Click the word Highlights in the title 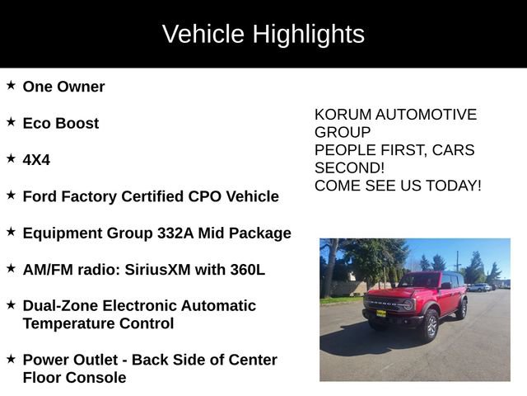[308, 35]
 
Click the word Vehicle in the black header [203, 35]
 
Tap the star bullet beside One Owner [11, 86]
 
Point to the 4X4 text [36, 160]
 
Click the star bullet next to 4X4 [11, 158]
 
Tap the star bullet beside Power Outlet [11, 359]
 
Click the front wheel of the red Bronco [430, 325]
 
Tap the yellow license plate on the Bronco [380, 313]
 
